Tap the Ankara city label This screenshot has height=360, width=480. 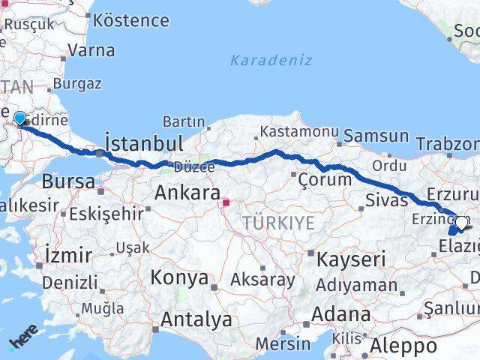coord(187,193)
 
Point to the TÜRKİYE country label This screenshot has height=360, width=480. coord(278,222)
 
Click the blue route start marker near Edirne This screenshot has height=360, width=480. coord(19,118)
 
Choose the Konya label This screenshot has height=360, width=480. coord(179,277)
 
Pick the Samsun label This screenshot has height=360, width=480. coord(377,137)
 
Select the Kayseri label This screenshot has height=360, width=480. coord(351,260)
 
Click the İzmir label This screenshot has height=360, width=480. coord(68,254)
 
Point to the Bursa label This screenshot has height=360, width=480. coord(68,181)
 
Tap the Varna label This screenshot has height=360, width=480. coord(91,51)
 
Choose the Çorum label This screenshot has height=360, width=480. coord(324,179)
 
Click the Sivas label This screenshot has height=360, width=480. coord(386,199)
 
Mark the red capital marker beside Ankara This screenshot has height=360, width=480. coord(226,202)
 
